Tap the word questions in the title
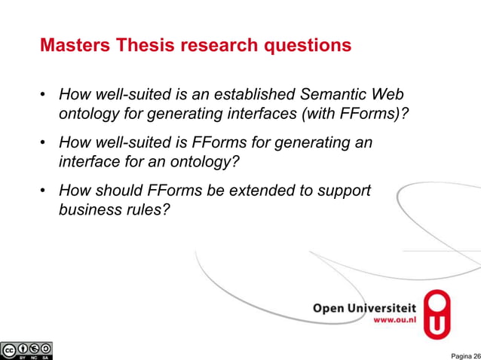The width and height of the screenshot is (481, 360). (x=310, y=46)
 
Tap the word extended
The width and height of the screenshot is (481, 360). (x=247, y=191)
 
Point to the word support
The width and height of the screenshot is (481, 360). (x=344, y=191)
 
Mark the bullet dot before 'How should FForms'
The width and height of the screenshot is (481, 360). (x=44, y=191)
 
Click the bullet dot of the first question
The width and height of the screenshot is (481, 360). (x=44, y=96)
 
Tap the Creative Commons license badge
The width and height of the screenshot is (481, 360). (x=27, y=351)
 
